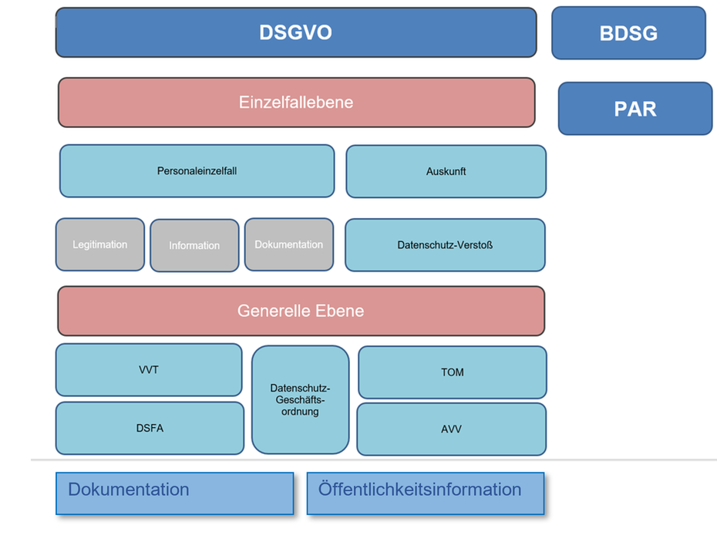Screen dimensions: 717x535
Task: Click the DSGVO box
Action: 296,32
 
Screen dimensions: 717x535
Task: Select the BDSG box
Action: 629,33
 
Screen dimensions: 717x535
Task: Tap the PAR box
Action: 635,109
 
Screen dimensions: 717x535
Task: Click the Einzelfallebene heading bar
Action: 296,103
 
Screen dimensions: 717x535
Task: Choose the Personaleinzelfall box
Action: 197,171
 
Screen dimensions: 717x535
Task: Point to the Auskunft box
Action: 446,171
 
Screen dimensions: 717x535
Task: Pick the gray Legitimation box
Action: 100,244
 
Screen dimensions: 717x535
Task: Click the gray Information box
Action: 194,246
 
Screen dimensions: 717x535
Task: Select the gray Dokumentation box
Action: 289,244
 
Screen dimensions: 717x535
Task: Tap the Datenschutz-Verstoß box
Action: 445,245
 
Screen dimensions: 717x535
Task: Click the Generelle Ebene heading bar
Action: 301,311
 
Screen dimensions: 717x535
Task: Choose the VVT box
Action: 149,369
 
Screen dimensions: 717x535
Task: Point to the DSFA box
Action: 150,428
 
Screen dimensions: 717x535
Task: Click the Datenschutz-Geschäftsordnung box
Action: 300,399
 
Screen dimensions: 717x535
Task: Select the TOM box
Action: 453,372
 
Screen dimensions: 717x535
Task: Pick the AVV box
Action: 451,429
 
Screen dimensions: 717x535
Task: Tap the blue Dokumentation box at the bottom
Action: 175,493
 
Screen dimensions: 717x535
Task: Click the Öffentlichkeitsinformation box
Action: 426,493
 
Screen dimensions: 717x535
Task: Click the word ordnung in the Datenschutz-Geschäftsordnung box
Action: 300,412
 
